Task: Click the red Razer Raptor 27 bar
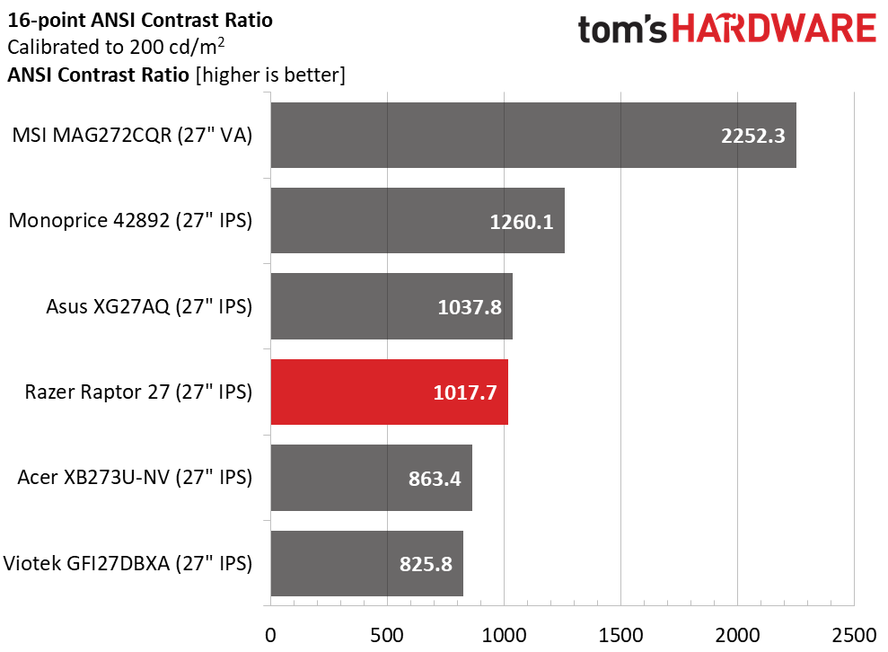click(x=389, y=392)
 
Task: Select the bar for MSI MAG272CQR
click(x=532, y=136)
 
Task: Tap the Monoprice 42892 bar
click(x=417, y=221)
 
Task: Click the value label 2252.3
click(x=752, y=136)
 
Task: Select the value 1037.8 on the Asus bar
click(x=469, y=307)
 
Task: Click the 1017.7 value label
click(x=464, y=392)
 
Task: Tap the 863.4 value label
click(x=428, y=479)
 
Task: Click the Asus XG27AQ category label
click(x=149, y=306)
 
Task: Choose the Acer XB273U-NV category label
click(x=135, y=478)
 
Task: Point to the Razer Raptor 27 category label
click(x=138, y=392)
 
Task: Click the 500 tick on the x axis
click(x=387, y=634)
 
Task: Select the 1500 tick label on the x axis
click(x=620, y=634)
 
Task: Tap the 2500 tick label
click(x=854, y=634)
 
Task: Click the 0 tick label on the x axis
click(x=270, y=634)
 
